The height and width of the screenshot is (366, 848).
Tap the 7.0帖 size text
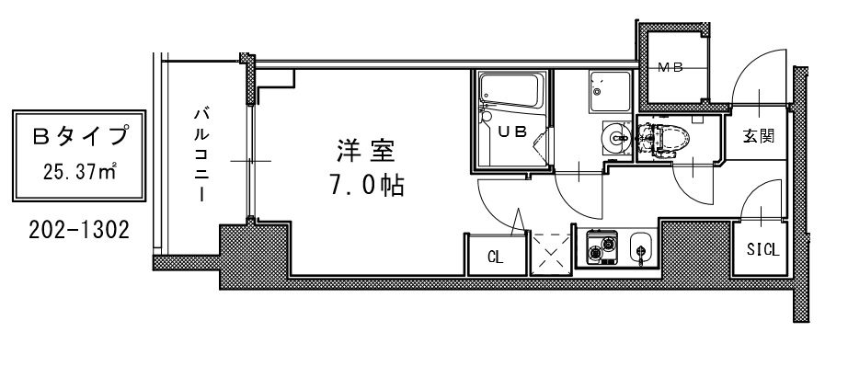[365, 187]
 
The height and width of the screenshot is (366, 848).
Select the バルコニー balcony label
[200, 154]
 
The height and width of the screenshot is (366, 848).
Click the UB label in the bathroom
[512, 132]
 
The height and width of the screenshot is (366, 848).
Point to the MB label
[670, 67]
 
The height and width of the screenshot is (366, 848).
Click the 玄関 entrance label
[758, 138]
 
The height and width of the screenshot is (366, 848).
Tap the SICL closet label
[762, 248]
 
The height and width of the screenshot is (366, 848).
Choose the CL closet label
[495, 257]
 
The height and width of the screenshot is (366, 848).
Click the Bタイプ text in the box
[79, 138]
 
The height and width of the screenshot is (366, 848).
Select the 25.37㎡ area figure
[79, 172]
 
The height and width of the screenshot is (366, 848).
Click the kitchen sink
[641, 247]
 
